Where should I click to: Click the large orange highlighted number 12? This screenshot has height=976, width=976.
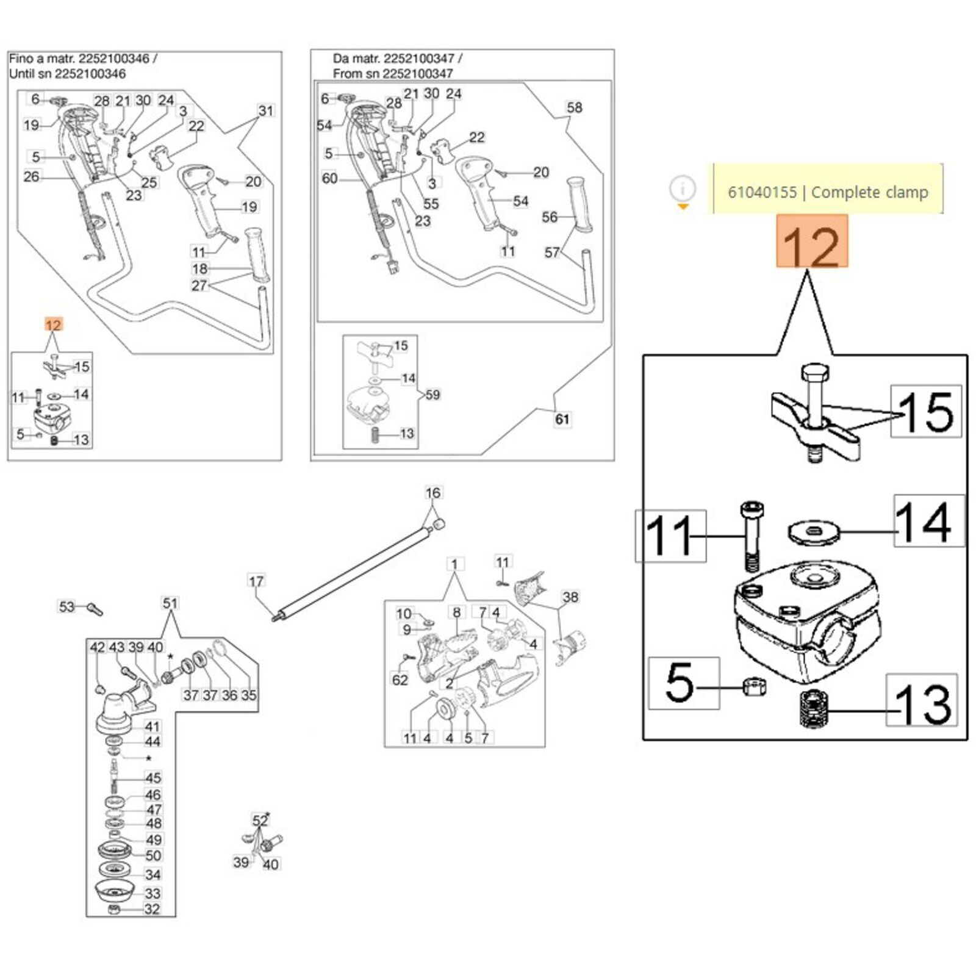click(x=811, y=242)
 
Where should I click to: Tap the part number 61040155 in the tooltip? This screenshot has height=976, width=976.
click(x=762, y=192)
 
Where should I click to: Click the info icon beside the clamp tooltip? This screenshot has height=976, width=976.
click(x=683, y=188)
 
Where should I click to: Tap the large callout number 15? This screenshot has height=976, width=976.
click(x=926, y=412)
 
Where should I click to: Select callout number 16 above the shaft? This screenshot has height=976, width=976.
click(x=432, y=493)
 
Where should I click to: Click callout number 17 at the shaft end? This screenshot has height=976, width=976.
click(x=256, y=581)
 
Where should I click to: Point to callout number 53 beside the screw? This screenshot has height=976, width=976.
click(x=66, y=606)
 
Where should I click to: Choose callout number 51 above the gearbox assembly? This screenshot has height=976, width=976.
click(x=170, y=603)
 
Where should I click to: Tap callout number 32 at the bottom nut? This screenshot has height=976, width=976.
click(x=152, y=909)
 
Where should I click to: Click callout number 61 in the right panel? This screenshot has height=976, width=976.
click(x=562, y=419)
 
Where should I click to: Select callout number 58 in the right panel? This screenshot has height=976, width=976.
click(x=575, y=108)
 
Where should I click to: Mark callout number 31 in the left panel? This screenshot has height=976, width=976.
click(x=266, y=111)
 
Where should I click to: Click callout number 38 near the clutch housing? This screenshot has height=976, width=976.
click(x=570, y=597)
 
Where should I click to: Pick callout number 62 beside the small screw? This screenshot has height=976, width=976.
click(x=400, y=679)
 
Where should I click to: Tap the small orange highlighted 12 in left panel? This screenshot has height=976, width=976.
click(x=54, y=325)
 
